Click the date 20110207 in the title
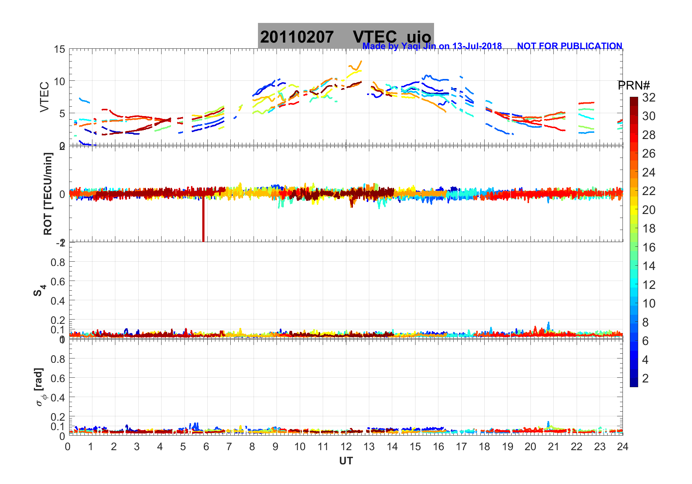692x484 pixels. click(x=297, y=37)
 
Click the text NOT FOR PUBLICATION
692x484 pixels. click(x=569, y=46)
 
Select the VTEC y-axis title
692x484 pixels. click(x=44, y=97)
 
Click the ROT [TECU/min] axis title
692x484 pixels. click(x=48, y=194)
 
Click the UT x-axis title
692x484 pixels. click(x=346, y=461)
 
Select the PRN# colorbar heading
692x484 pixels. click(x=634, y=86)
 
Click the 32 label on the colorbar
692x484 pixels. click(x=649, y=97)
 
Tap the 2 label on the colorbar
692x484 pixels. click(x=645, y=378)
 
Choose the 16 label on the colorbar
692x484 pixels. click(x=649, y=247)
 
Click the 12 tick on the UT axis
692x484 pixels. click(x=346, y=447)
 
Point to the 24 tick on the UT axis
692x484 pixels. click(x=623, y=447)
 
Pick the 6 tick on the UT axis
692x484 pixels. click(x=206, y=447)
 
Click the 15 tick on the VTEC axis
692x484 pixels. click(x=60, y=49)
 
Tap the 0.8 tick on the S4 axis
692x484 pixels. click(x=58, y=262)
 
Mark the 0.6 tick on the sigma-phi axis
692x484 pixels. click(x=58, y=378)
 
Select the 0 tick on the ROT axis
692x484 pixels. click(x=62, y=194)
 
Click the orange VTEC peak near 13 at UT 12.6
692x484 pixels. click(x=361, y=62)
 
